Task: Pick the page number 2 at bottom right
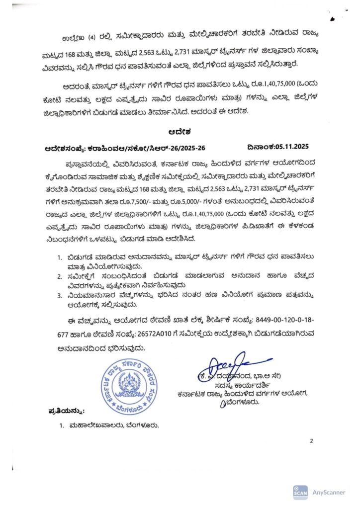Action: coord(311,440)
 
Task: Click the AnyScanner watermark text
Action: coord(329,492)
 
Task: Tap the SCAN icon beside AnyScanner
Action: coord(300,492)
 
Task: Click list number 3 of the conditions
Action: coord(61,295)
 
